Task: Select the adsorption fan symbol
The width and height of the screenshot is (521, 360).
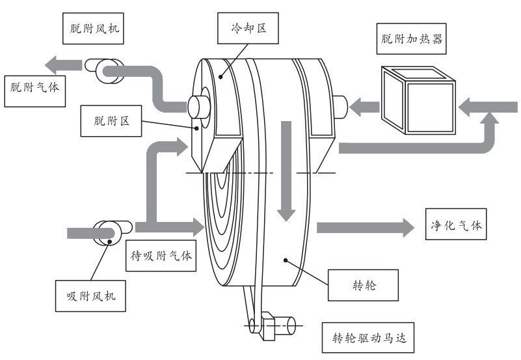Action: (107, 232)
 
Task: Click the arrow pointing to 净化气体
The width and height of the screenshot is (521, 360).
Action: (364, 227)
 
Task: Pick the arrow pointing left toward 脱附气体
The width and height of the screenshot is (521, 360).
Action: (61, 64)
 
